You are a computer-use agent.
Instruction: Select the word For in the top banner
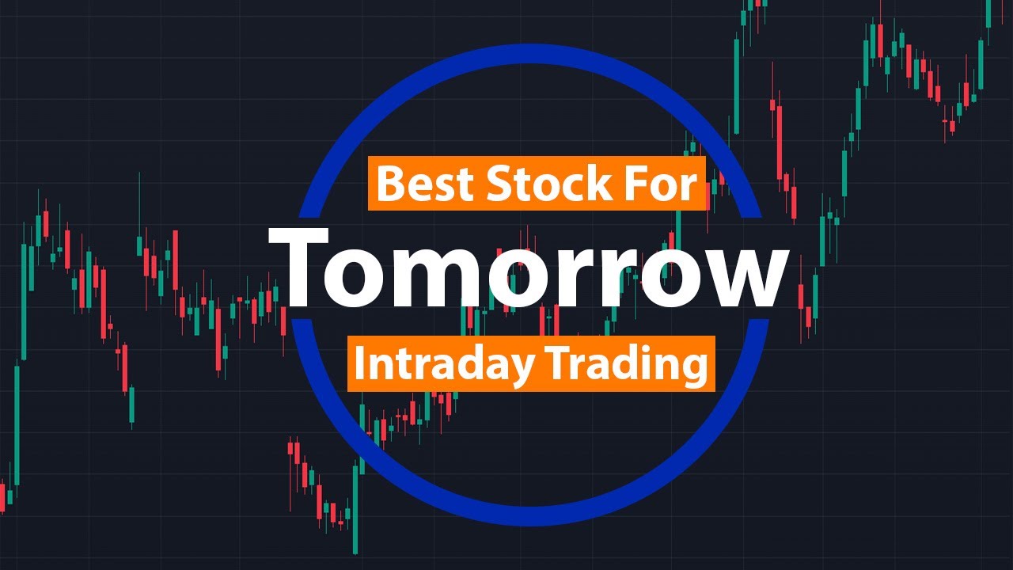click(x=662, y=184)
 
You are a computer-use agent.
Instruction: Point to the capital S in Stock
click(x=499, y=184)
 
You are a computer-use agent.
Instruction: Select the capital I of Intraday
click(x=360, y=363)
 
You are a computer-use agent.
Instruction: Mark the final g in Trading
click(x=692, y=369)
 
